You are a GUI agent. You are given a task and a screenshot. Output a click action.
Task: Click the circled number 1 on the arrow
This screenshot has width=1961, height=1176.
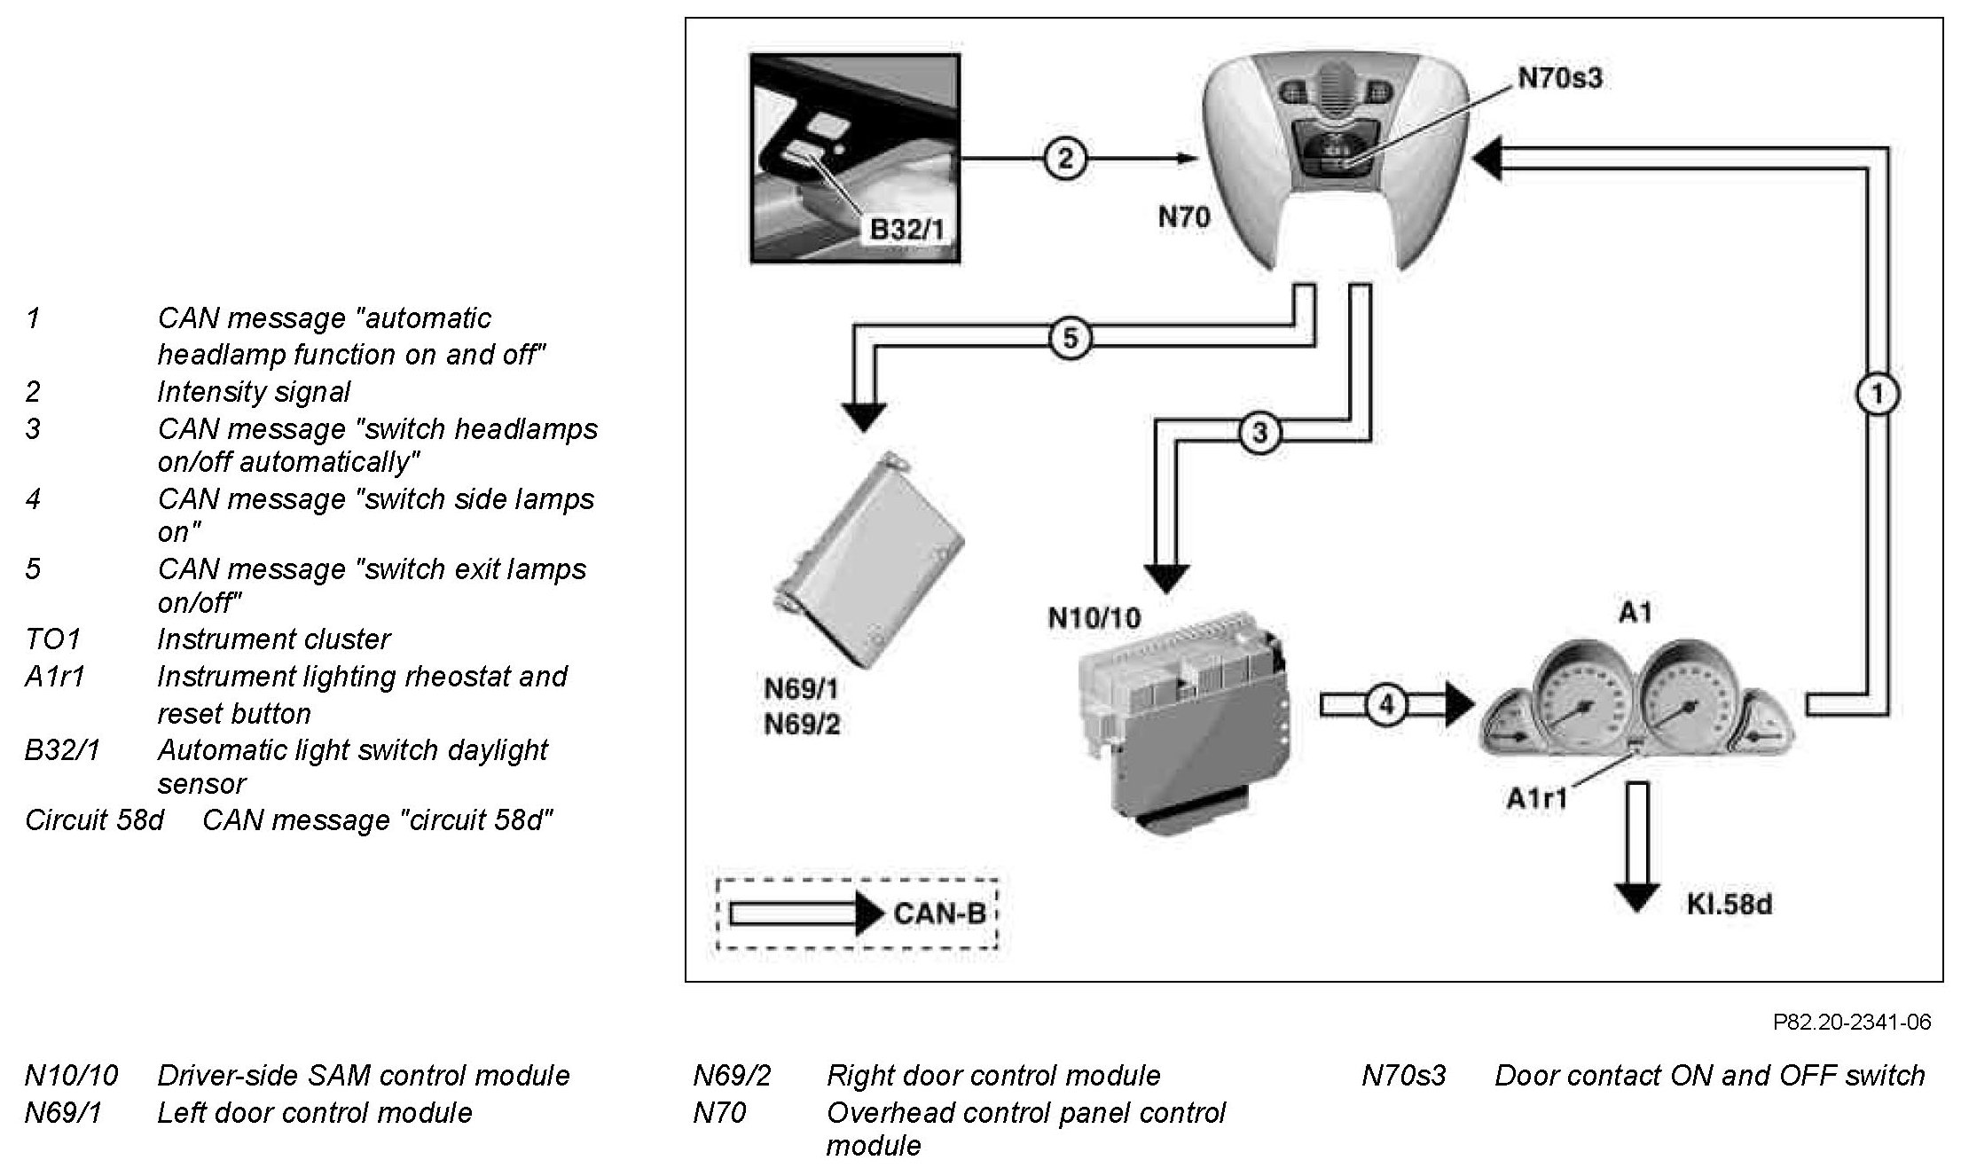pyautogui.click(x=1877, y=395)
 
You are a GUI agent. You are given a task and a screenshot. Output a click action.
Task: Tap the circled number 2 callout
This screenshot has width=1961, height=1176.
pyautogui.click(x=1064, y=160)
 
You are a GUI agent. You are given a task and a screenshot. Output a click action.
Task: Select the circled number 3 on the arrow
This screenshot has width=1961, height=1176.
pyautogui.click(x=1259, y=433)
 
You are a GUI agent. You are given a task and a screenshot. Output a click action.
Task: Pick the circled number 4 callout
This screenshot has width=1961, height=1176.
pyautogui.click(x=1387, y=705)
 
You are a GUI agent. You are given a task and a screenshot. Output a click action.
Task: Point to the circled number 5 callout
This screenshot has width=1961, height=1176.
pyautogui.click(x=1070, y=338)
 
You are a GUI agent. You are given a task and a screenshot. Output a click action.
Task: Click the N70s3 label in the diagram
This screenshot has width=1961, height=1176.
pyautogui.click(x=1560, y=78)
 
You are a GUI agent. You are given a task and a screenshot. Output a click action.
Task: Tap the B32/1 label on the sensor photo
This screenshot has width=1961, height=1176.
pyautogui.click(x=906, y=230)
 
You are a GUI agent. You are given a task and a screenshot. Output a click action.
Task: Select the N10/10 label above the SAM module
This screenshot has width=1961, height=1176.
pyautogui.click(x=1094, y=617)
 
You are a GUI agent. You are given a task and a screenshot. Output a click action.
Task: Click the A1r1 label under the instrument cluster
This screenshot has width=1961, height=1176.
pyautogui.click(x=1537, y=798)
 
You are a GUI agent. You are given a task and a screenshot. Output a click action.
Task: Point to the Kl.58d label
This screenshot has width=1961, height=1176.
pyautogui.click(x=1729, y=905)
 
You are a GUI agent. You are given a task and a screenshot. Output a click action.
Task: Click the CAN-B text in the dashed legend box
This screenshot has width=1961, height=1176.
pyautogui.click(x=939, y=913)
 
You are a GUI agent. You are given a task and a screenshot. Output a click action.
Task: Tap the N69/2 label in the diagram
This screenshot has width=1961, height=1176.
pyautogui.click(x=802, y=725)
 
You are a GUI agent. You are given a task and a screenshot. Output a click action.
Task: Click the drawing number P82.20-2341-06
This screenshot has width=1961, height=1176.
pyautogui.click(x=1851, y=1022)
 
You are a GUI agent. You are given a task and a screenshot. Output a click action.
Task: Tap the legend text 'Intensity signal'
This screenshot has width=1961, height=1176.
pyautogui.click(x=254, y=392)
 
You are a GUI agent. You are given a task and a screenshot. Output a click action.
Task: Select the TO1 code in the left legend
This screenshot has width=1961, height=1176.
pyautogui.click(x=53, y=639)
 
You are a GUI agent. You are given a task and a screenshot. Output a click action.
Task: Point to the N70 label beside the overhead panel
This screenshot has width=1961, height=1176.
pyautogui.click(x=1183, y=217)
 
